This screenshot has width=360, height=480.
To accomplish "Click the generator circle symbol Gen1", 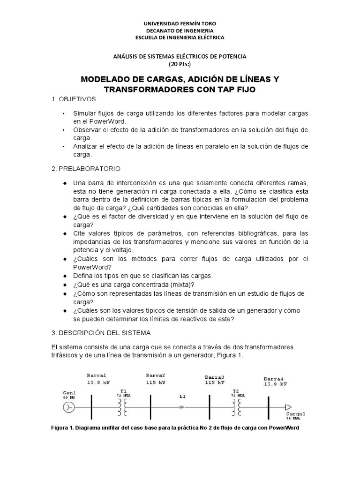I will (x=69, y=407).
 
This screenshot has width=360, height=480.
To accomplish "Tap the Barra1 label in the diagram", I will (x=97, y=375).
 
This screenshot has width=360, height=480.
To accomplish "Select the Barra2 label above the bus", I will (x=156, y=375).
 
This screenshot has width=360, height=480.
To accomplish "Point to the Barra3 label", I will (x=215, y=377).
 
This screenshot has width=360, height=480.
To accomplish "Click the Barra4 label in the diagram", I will (x=274, y=378).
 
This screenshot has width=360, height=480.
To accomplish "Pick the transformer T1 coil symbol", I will (x=124, y=407).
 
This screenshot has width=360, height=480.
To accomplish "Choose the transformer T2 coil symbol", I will (x=237, y=407).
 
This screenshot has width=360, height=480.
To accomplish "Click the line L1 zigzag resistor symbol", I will (x=180, y=407).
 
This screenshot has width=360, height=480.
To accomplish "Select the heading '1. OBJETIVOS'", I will (x=74, y=99).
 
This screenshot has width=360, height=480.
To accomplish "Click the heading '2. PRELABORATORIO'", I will (x=86, y=168).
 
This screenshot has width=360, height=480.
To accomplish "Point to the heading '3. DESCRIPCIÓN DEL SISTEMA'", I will (x=101, y=333).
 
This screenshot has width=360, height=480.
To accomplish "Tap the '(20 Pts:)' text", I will (x=180, y=64).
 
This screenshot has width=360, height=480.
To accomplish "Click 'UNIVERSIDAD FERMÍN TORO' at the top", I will (x=180, y=23).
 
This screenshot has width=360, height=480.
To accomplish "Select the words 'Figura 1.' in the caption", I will (x=63, y=428).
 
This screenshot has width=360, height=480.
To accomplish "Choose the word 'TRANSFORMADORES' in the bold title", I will (x=145, y=90).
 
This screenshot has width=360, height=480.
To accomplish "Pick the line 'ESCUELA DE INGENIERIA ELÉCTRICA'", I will (x=180, y=37).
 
